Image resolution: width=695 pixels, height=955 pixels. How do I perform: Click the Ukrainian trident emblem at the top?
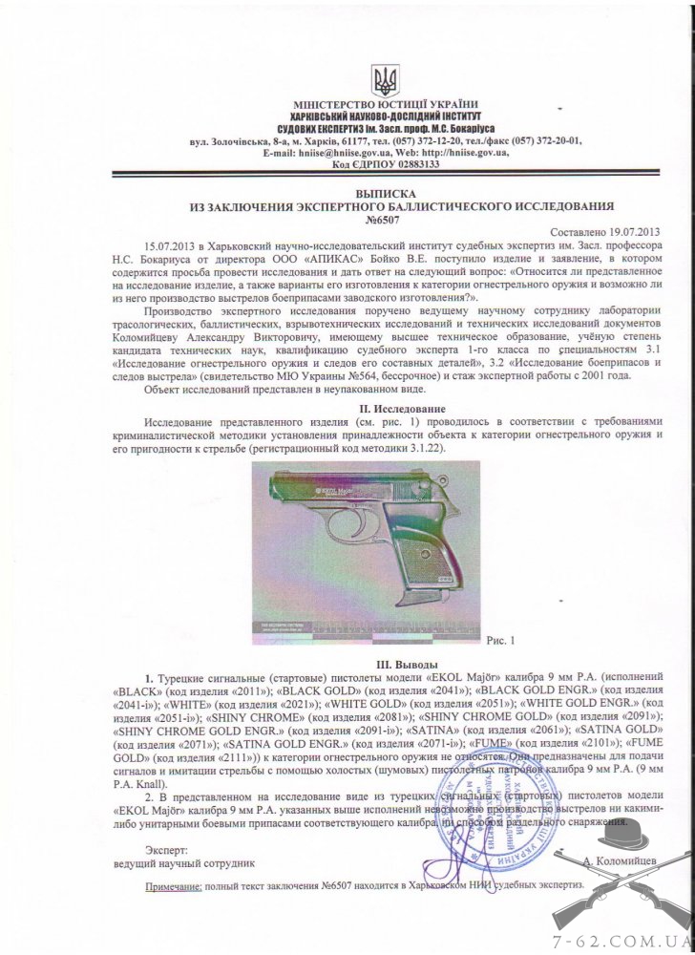[x=386, y=78]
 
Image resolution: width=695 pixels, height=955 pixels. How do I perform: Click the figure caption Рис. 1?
[x=500, y=640]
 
